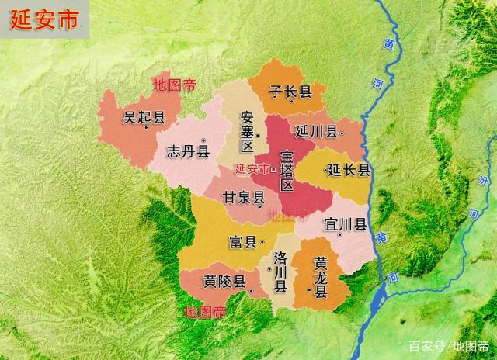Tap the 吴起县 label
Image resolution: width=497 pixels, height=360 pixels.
click(x=144, y=118)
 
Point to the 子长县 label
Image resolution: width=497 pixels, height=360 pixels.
click(x=290, y=92)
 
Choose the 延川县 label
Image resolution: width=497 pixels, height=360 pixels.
click(x=315, y=132)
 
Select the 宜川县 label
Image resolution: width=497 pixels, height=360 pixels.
click(x=346, y=225)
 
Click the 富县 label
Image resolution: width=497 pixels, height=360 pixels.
click(x=242, y=242)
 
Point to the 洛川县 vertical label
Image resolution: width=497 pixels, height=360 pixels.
click(x=281, y=272)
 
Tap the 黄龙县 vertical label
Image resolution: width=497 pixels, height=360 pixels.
click(x=320, y=275)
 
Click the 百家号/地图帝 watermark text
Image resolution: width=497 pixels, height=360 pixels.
click(x=449, y=346)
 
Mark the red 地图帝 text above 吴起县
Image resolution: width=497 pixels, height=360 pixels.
click(x=175, y=84)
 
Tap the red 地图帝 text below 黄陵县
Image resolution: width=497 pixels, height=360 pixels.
click(x=206, y=312)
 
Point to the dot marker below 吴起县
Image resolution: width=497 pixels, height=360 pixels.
click(x=144, y=129)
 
